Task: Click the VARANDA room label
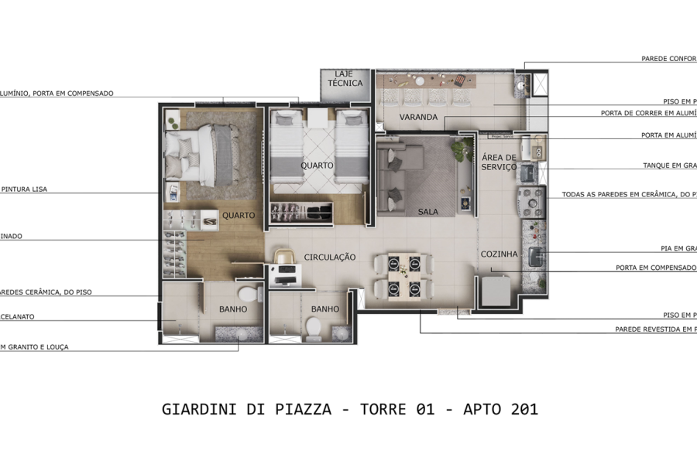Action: (x=418, y=118)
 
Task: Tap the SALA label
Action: (x=428, y=211)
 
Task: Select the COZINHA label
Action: (x=499, y=254)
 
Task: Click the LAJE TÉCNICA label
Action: (x=345, y=79)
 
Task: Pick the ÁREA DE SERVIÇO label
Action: (x=499, y=162)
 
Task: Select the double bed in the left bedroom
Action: (x=197, y=155)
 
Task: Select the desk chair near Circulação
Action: (x=283, y=257)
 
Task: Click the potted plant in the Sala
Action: (x=462, y=149)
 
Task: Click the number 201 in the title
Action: (x=524, y=409)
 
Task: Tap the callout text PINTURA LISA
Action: (x=25, y=189)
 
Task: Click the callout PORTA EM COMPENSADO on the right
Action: (x=656, y=268)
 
